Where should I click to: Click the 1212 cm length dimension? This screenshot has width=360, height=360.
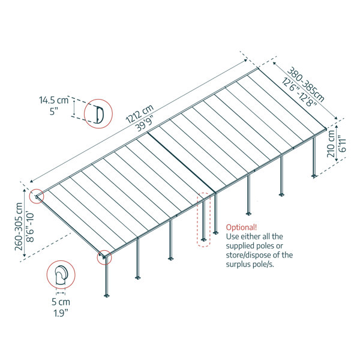pyautogui.click(x=140, y=114)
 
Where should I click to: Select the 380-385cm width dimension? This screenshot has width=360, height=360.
pyautogui.click(x=306, y=84)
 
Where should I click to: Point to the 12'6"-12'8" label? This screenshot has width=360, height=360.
pyautogui.click(x=299, y=92)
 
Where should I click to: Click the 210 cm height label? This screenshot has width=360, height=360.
pyautogui.click(x=331, y=144)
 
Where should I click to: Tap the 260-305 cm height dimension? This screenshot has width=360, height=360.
pyautogui.click(x=19, y=226)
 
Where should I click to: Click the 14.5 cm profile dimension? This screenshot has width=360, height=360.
pyautogui.click(x=54, y=100)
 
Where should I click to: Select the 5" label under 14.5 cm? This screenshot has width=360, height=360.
pyautogui.click(x=54, y=112)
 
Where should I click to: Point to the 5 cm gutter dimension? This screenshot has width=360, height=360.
pyautogui.click(x=61, y=302)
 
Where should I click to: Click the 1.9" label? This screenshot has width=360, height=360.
pyautogui.click(x=61, y=313)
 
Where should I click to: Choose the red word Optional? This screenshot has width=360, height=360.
pyautogui.click(x=241, y=227)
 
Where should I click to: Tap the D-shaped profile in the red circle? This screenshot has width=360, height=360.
pyautogui.click(x=100, y=114)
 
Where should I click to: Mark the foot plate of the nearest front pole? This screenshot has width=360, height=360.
pyautogui.click(x=106, y=295)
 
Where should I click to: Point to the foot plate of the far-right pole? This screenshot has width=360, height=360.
pyautogui.click(x=314, y=176)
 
